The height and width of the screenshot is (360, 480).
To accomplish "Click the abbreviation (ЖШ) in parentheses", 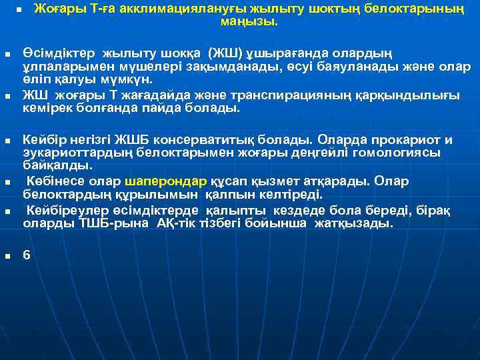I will pyautogui.click(x=225, y=52).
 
